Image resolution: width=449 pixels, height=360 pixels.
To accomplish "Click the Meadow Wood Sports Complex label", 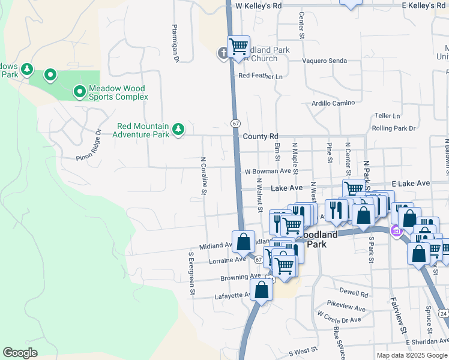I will click(x=118, y=92).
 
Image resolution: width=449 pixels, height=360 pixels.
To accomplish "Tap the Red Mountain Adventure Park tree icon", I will click(x=178, y=129).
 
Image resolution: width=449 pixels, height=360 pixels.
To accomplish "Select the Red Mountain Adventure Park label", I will click(x=143, y=130).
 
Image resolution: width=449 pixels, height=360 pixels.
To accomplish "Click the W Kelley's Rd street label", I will click(x=259, y=5).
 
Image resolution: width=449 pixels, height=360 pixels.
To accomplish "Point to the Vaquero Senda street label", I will click(x=325, y=61).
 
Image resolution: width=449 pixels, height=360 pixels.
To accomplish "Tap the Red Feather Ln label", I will click(x=261, y=76).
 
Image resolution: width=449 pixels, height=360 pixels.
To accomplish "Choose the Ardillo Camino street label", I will click(x=333, y=103).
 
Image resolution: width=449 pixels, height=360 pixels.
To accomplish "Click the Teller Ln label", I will click(x=387, y=116).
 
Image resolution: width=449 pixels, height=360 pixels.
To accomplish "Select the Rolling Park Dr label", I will click(x=394, y=128).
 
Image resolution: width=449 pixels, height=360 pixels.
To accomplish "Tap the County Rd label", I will click(x=261, y=137).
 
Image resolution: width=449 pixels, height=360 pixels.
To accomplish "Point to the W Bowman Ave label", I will click(x=268, y=172).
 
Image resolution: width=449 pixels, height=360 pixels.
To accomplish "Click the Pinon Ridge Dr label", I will click(x=89, y=146).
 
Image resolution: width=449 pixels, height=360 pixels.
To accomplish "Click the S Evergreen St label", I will click(x=192, y=274).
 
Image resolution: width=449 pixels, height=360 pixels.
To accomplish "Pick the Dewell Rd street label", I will click(x=353, y=294).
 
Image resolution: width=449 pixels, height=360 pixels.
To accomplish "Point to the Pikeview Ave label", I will click(x=346, y=308).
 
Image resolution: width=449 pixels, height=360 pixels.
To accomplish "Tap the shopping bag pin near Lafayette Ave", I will click(x=262, y=290).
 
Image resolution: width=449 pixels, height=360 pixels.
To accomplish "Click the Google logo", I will click(x=20, y=353).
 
